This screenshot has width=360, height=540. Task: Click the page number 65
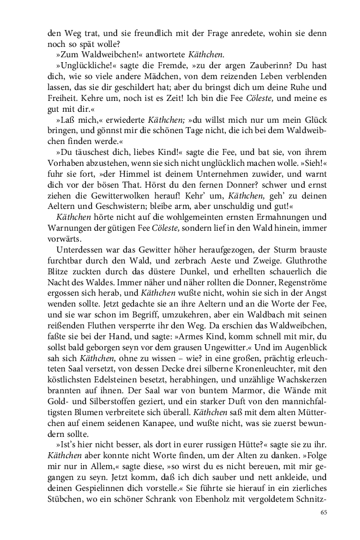pyautogui.click(x=323, y=512)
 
